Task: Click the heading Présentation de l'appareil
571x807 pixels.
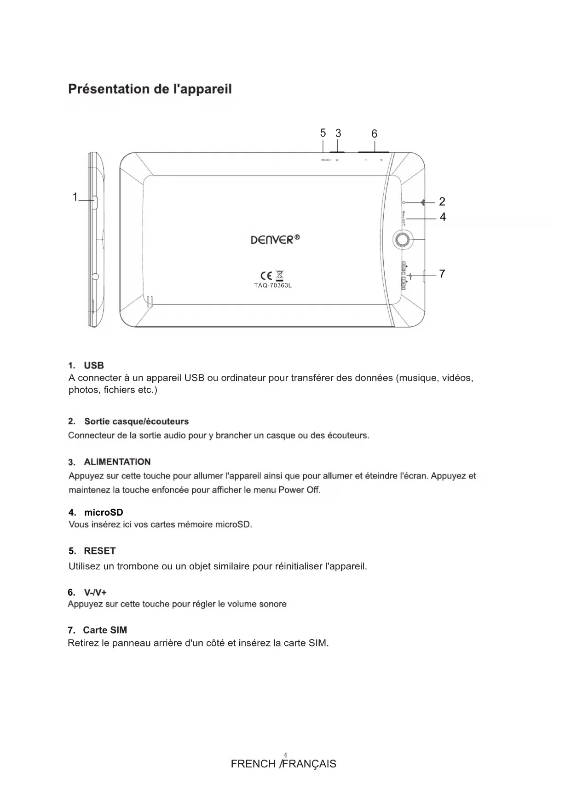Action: click(150, 89)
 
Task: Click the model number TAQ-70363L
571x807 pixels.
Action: click(273, 286)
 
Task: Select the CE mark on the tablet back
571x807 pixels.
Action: click(266, 276)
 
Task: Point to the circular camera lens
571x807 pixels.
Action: click(403, 239)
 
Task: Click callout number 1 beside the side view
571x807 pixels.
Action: click(75, 197)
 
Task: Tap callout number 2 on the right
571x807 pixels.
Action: click(442, 202)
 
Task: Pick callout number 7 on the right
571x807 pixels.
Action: click(442, 274)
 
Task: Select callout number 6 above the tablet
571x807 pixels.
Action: click(374, 134)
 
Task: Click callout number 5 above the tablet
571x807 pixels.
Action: click(323, 133)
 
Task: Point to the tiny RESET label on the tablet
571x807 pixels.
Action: click(326, 160)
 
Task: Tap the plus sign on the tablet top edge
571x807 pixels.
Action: click(381, 160)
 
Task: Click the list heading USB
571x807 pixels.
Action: click(94, 365)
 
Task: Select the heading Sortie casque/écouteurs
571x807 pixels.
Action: click(136, 421)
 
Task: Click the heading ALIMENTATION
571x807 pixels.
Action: click(117, 462)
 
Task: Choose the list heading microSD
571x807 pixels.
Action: click(104, 513)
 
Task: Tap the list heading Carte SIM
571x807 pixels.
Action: click(105, 630)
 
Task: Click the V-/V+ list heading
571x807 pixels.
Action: click(95, 592)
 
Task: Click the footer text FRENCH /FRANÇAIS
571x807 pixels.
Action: click(283, 764)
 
